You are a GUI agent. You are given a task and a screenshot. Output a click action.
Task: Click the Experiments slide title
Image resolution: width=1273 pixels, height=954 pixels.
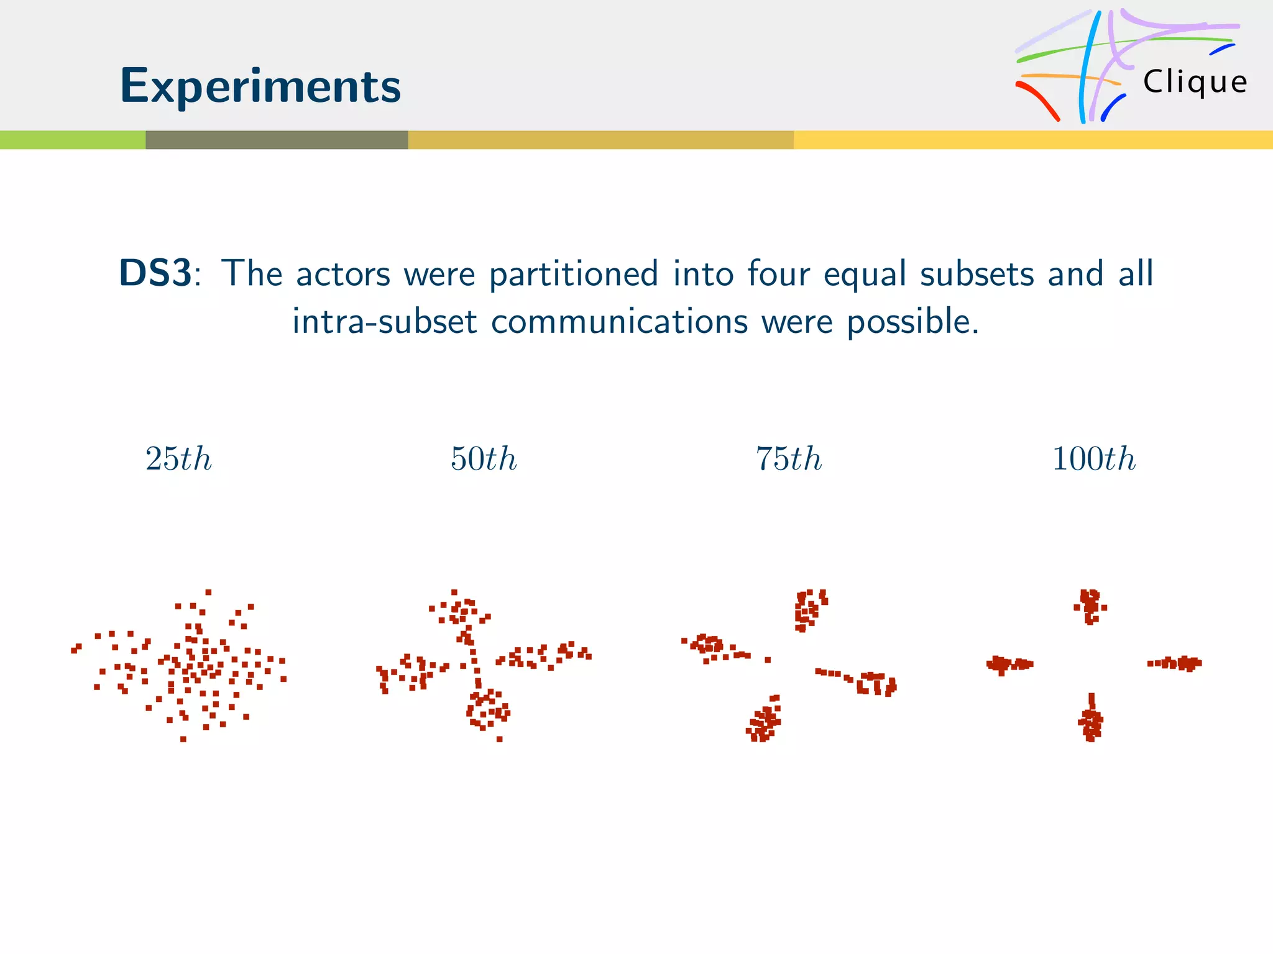click(260, 86)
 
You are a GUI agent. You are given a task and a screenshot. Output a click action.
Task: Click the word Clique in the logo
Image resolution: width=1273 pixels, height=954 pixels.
click(1195, 82)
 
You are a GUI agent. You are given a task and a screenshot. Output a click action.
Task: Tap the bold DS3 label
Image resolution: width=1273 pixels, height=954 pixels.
click(155, 273)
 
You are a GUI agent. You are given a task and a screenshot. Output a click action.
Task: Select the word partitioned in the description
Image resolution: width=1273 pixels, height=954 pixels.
click(573, 274)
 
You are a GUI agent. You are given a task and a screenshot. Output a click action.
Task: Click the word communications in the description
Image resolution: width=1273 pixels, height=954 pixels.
click(619, 322)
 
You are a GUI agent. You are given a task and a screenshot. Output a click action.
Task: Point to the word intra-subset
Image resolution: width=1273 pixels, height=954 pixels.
click(385, 322)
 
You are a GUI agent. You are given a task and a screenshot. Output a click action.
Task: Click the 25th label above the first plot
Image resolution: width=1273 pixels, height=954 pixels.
click(178, 459)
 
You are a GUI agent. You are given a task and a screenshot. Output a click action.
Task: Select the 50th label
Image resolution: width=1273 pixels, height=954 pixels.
click(484, 459)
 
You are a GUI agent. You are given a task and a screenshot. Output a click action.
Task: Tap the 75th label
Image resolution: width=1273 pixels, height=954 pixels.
click(789, 459)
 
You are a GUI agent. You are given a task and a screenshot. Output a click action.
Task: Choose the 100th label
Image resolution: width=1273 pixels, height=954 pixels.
click(1094, 459)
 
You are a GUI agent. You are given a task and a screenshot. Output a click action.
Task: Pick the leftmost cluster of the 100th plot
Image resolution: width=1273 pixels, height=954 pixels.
click(1006, 665)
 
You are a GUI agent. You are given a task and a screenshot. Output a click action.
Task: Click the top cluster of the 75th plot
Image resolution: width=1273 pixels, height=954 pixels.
click(808, 609)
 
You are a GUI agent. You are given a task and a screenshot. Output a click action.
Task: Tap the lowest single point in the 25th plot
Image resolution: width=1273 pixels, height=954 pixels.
click(183, 739)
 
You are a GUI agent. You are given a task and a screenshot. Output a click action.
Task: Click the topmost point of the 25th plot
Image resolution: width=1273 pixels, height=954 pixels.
click(208, 592)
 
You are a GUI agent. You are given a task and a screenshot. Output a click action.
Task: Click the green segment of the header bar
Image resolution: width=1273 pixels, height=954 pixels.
click(73, 140)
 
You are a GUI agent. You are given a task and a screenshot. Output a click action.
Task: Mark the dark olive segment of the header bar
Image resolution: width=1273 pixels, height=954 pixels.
click(277, 140)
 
